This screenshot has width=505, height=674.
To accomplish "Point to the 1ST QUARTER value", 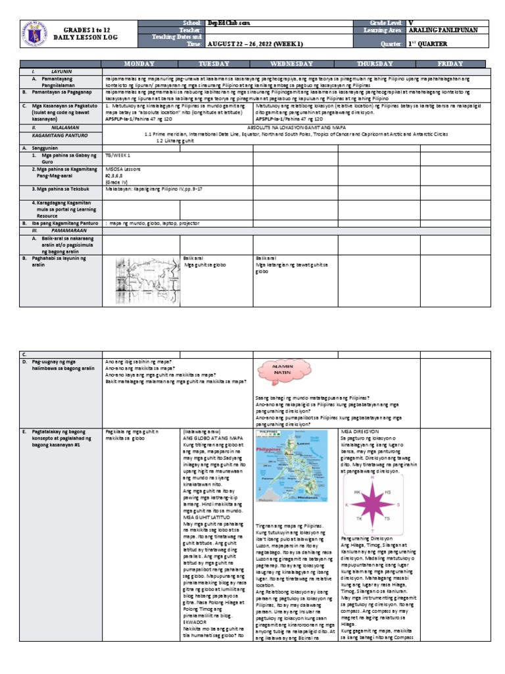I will pos(427,43).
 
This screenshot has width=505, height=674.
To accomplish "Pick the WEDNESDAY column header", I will pos(295,63).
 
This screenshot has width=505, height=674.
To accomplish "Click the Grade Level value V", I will pos(412,23).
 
